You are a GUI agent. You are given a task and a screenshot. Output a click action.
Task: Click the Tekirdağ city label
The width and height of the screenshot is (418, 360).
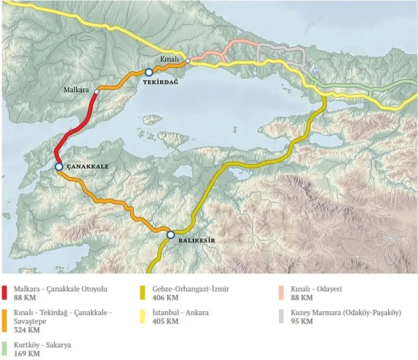pyautogui.click(x=160, y=81)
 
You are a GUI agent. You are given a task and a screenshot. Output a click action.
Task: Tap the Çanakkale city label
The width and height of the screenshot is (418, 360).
pyautogui.click(x=87, y=166)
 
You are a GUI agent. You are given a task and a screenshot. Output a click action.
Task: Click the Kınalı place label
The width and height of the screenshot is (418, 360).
pyautogui.click(x=170, y=60)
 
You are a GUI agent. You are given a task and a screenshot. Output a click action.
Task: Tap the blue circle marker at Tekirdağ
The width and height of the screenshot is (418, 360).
pyautogui.click(x=149, y=72)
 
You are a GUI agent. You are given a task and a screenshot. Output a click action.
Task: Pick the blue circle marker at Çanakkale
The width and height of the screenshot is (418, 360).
pyautogui.click(x=59, y=167)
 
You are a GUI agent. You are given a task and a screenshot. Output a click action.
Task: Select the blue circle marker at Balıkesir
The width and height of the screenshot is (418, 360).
pyautogui.click(x=170, y=235)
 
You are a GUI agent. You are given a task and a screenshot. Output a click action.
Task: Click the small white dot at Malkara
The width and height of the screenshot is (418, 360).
pyautogui.click(x=97, y=91)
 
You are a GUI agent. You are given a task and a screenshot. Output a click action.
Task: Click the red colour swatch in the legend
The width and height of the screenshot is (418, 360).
pyautogui.click(x=5, y=292)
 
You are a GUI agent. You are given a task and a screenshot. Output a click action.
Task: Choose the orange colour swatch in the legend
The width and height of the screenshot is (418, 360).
pyautogui.click(x=5, y=320)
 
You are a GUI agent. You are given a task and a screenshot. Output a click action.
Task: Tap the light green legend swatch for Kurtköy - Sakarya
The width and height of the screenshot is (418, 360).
pyautogui.click(x=5, y=348)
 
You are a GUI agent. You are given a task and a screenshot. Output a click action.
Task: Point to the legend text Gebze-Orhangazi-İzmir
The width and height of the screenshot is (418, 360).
pyautogui.click(x=191, y=289)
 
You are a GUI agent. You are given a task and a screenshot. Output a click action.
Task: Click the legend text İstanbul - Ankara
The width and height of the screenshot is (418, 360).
pyautogui.click(x=180, y=313)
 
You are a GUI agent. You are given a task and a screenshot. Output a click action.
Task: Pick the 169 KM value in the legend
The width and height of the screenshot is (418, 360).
pyautogui.click(x=25, y=353)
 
